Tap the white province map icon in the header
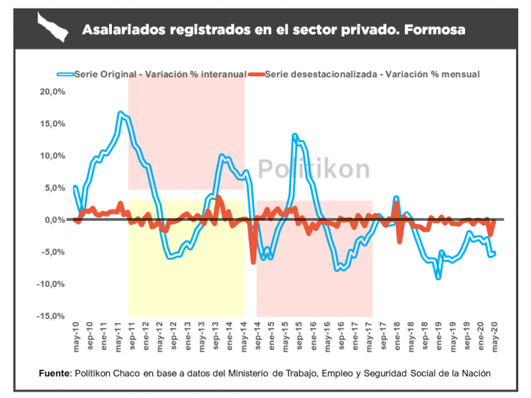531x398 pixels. (x=53, y=29)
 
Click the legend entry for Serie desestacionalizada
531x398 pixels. (x=372, y=74)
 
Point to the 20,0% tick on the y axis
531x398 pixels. (x=53, y=92)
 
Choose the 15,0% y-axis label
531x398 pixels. (x=53, y=124)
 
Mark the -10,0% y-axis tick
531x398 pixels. (x=53, y=284)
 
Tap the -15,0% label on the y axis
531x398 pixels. (x=53, y=316)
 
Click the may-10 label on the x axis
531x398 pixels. (x=76, y=334)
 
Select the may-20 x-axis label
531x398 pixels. (x=496, y=334)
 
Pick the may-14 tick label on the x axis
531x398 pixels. (x=244, y=334)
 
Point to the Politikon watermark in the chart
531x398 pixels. (x=313, y=170)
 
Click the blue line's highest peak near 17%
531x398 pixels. (x=120, y=113)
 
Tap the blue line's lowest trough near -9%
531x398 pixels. (x=438, y=277)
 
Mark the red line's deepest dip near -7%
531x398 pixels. (x=253, y=263)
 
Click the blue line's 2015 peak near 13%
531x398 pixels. (x=295, y=135)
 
